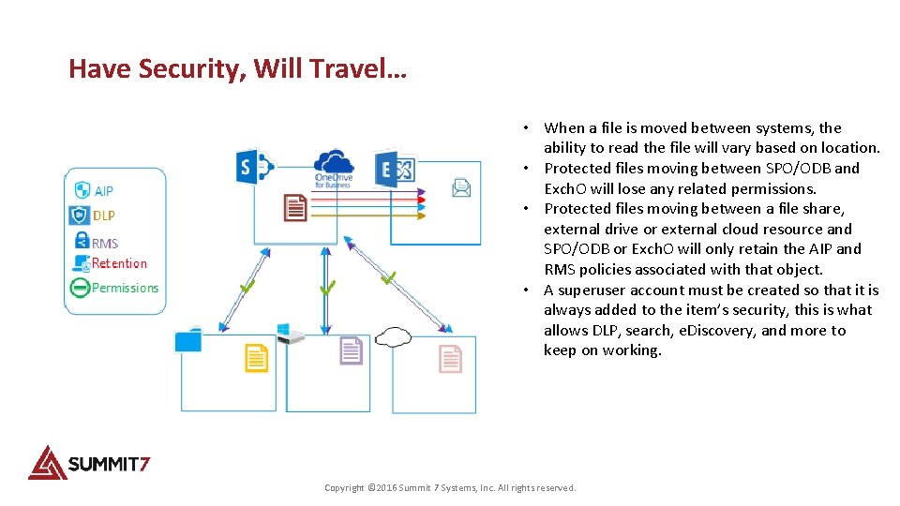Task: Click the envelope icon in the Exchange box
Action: [461, 188]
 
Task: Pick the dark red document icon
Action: [295, 206]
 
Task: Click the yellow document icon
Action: [256, 357]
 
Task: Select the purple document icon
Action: [351, 351]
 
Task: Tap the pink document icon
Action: [450, 358]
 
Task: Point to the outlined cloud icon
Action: [393, 335]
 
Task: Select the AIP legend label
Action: [103, 191]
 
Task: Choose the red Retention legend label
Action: [119, 263]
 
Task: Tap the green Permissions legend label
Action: [125, 288]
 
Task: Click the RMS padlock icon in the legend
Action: [81, 241]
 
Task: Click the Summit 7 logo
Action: [89, 462]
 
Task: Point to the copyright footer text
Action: [450, 487]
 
